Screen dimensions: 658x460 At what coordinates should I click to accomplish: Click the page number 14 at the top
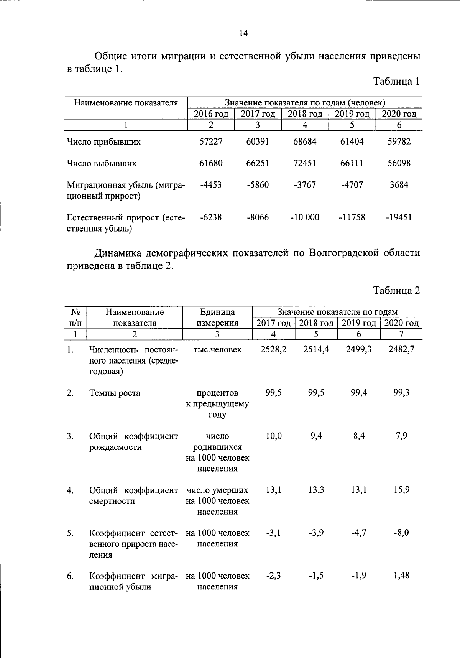click(x=243, y=33)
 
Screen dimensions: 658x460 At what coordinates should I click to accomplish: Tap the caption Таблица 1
click(x=396, y=82)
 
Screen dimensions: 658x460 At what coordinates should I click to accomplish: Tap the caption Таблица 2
click(x=396, y=291)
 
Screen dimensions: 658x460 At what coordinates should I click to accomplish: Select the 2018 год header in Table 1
click(x=305, y=114)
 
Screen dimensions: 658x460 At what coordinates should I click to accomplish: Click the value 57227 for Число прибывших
click(x=211, y=141)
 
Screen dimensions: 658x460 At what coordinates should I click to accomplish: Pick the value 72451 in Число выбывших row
click(x=305, y=163)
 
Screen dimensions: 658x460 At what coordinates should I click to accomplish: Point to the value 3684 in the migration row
click(x=399, y=185)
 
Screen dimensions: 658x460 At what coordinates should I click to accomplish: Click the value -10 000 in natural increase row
click(x=305, y=217)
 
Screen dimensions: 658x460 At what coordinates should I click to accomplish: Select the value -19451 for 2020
click(x=399, y=217)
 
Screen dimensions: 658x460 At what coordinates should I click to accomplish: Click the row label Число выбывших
click(x=102, y=163)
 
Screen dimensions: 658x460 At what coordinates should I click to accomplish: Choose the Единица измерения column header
click(x=217, y=317)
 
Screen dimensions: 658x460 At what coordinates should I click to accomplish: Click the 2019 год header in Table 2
click(x=358, y=323)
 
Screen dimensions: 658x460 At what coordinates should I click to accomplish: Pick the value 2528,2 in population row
click(x=273, y=349)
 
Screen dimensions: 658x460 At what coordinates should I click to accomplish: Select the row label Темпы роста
click(x=115, y=393)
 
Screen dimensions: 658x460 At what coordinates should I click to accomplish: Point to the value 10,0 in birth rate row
click(x=273, y=436)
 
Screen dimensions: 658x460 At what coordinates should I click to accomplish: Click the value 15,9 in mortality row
click(x=401, y=490)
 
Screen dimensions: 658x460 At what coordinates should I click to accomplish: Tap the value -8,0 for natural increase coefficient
click(x=401, y=533)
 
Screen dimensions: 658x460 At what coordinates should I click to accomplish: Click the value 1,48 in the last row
click(x=401, y=576)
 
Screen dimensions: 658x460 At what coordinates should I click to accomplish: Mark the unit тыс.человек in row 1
click(x=217, y=350)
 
